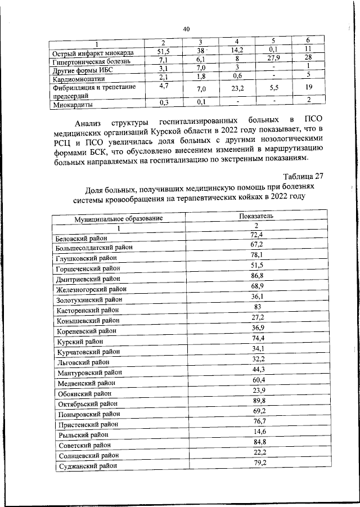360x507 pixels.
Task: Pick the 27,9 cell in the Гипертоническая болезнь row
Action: (273, 58)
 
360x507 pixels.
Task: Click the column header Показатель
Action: (256, 215)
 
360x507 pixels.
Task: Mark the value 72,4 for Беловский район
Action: (256, 234)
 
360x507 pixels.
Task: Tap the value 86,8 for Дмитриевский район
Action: (255, 275)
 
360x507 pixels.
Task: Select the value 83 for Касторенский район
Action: (255, 306)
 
